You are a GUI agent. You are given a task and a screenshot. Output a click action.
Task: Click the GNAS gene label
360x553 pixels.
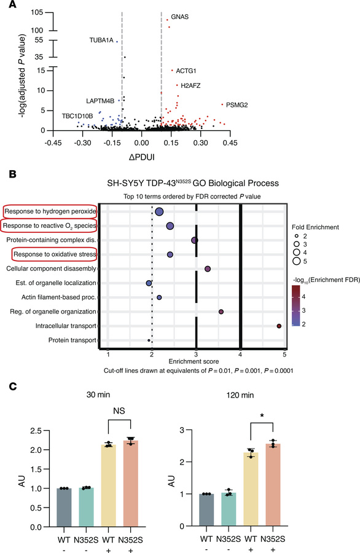181,16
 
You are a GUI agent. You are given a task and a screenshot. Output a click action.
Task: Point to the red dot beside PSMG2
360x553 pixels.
221,104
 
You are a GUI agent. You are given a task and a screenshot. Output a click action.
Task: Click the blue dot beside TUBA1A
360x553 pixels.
117,42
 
